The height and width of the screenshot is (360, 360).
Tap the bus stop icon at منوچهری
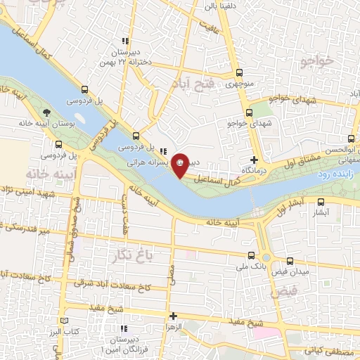coord(240,72)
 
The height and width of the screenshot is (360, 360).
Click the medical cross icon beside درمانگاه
coord(253,160)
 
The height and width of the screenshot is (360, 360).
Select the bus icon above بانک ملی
coord(252,255)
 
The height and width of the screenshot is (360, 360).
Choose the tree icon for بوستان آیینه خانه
coord(47,112)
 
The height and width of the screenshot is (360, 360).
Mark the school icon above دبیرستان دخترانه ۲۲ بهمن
coord(125,41)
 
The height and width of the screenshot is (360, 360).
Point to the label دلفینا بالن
coord(223,6)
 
